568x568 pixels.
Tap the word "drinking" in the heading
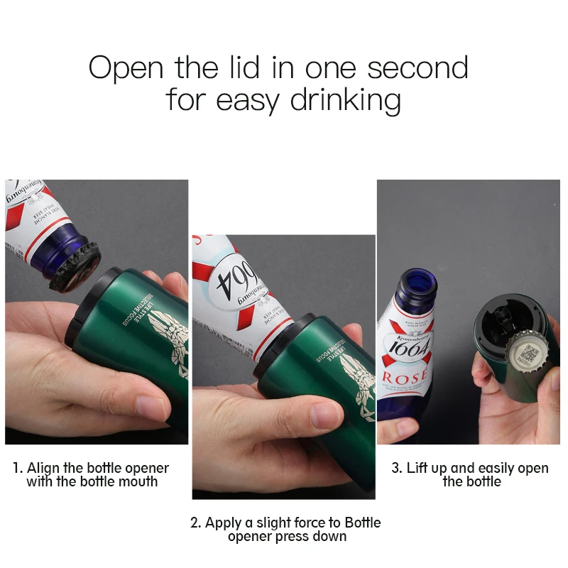click(344, 100)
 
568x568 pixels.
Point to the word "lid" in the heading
click(249, 68)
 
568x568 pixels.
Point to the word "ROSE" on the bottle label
click(406, 376)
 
